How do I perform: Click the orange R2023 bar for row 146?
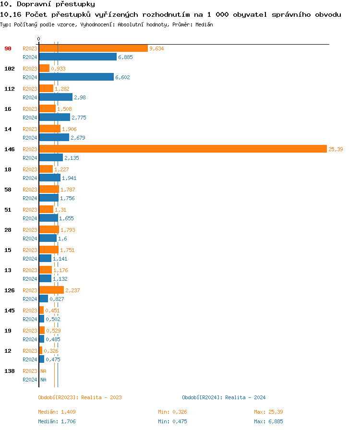coord(182,149)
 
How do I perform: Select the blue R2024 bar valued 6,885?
coord(78,57)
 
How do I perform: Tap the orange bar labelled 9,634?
coord(93,48)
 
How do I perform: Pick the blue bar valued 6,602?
coord(76,77)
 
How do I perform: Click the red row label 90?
coord(8,48)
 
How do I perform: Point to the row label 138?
coord(9,371)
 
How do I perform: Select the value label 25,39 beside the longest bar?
coord(336,149)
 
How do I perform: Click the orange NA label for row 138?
coord(43,371)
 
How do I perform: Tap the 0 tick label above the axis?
coord(39,39)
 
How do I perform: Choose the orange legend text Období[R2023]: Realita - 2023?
coord(80,397)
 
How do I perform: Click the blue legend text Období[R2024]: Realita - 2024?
coord(224,397)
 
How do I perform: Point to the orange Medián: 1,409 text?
coord(57,412)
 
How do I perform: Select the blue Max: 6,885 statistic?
coord(268,421)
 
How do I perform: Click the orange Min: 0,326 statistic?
coord(172,412)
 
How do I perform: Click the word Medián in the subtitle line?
coord(204,24)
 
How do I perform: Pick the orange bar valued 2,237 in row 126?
coord(51,290)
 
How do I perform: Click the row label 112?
coord(9,89)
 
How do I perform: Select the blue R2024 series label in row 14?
coord(30,138)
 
